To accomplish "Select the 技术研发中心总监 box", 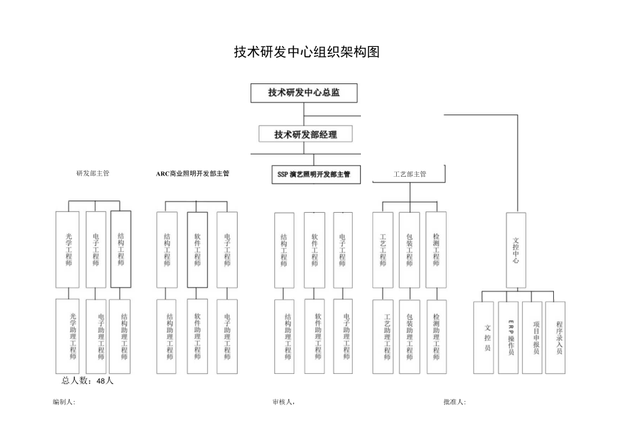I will pyautogui.click(x=303, y=93).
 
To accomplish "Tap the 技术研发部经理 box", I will pyautogui.click(x=305, y=134).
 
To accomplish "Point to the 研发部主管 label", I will pyautogui.click(x=93, y=173).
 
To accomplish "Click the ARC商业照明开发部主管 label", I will pyautogui.click(x=193, y=173).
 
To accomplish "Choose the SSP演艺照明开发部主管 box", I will pyautogui.click(x=314, y=174).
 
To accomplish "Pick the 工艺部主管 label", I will pyautogui.click(x=410, y=174).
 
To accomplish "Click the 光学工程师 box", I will pyautogui.click(x=68, y=250).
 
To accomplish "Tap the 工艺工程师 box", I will pyautogui.click(x=383, y=250).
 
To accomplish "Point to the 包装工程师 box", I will pyautogui.click(x=409, y=250).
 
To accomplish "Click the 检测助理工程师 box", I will pyautogui.click(x=437, y=336).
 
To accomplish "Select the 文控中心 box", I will pyautogui.click(x=517, y=251).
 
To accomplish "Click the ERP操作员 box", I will pyautogui.click(x=511, y=337).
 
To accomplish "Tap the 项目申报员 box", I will pyautogui.click(x=535, y=337).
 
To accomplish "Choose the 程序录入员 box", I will pyautogui.click(x=558, y=337).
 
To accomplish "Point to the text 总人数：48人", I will pyautogui.click(x=87, y=381).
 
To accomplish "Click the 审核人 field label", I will pyautogui.click(x=283, y=402).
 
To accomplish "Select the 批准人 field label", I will pyautogui.click(x=454, y=402).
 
